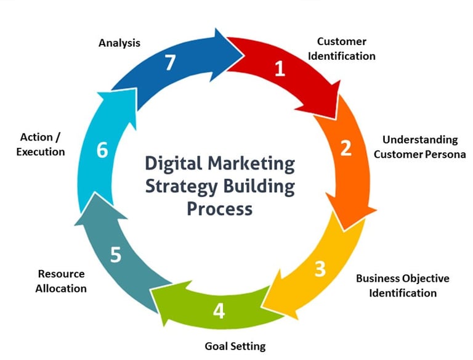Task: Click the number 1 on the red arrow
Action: tap(280, 68)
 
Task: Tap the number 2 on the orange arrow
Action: tap(346, 148)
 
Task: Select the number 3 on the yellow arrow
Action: tap(320, 269)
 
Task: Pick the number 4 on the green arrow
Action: tap(219, 311)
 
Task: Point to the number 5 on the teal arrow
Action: tap(116, 255)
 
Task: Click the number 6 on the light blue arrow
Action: tap(102, 150)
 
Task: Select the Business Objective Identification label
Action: tap(403, 285)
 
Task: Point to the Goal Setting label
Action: tap(235, 346)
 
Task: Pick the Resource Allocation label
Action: tap(61, 280)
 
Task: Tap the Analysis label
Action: tap(119, 43)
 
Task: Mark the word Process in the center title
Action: tap(220, 208)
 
